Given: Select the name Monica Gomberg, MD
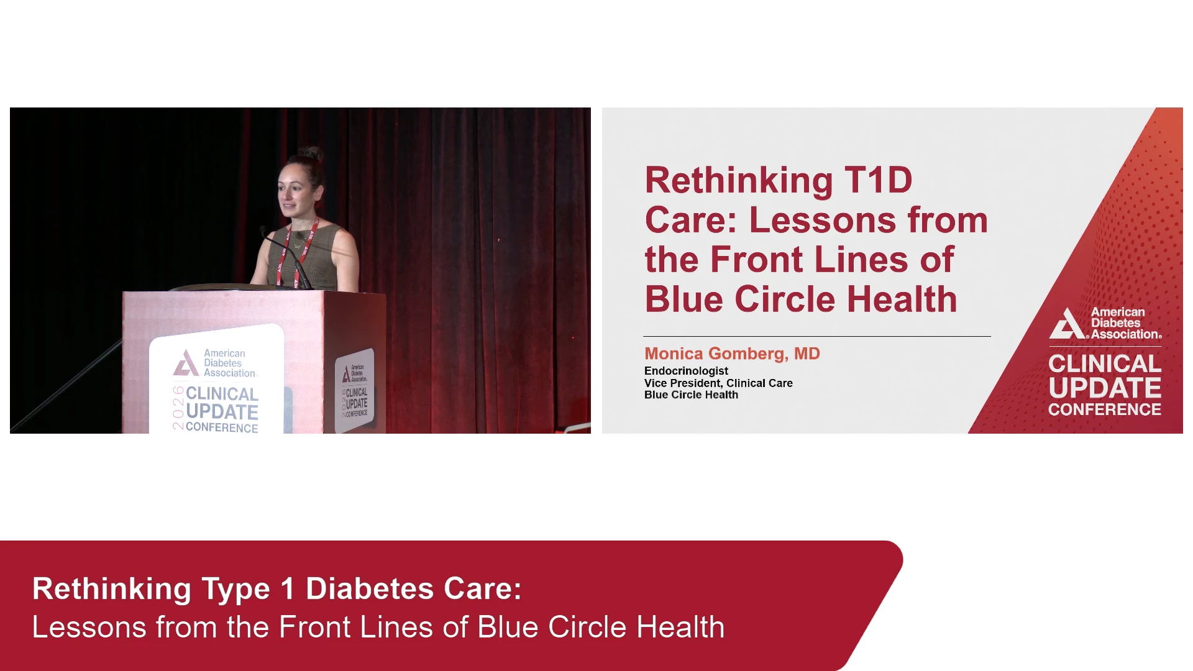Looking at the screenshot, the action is [x=732, y=354].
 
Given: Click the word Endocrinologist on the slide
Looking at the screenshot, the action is [x=686, y=371].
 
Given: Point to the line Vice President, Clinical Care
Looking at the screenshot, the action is [x=718, y=383].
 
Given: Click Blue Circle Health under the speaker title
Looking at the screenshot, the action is [x=691, y=395].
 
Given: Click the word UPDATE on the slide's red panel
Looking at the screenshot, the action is [x=1105, y=388].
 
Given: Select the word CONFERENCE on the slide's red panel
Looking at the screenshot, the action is [x=1105, y=409].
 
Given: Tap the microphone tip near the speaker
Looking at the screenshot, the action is [x=263, y=231].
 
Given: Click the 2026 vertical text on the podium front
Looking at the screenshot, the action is [x=178, y=408].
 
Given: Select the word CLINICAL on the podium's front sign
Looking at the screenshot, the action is [x=222, y=394].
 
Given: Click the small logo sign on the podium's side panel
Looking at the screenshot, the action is [x=355, y=390].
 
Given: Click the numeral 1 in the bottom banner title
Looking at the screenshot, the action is [x=286, y=589].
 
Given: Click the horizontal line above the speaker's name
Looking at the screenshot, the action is [x=817, y=336].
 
